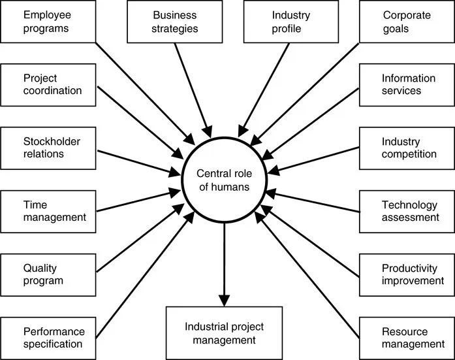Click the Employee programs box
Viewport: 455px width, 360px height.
(48, 21)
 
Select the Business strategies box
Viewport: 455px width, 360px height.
(175, 21)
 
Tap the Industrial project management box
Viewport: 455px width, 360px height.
(224, 332)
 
